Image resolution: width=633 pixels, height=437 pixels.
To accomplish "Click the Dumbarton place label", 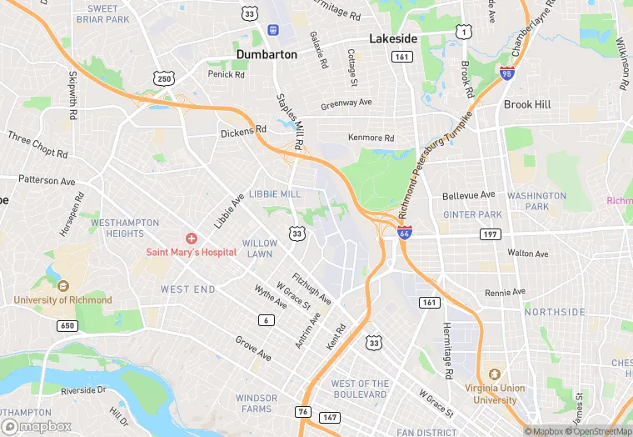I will [x=267, y=54].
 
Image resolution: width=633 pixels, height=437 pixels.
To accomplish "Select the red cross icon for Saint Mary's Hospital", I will [x=191, y=239].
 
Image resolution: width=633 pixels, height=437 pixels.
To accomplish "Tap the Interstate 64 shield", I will [x=405, y=233].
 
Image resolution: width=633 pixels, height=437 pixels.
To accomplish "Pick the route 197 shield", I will [x=490, y=234].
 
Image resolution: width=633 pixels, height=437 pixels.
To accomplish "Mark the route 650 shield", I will [x=67, y=325].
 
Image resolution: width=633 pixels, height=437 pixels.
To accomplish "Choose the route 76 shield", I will [x=302, y=412].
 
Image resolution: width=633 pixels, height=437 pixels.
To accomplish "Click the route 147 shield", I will [x=329, y=416].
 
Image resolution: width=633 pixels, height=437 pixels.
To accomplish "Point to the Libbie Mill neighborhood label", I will [x=275, y=194].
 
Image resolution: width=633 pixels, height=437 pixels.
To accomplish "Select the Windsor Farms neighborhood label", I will [x=256, y=403].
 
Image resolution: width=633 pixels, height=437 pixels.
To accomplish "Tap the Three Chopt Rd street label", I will [x=37, y=144].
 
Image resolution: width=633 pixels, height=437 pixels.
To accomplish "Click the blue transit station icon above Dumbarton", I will [x=272, y=31].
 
